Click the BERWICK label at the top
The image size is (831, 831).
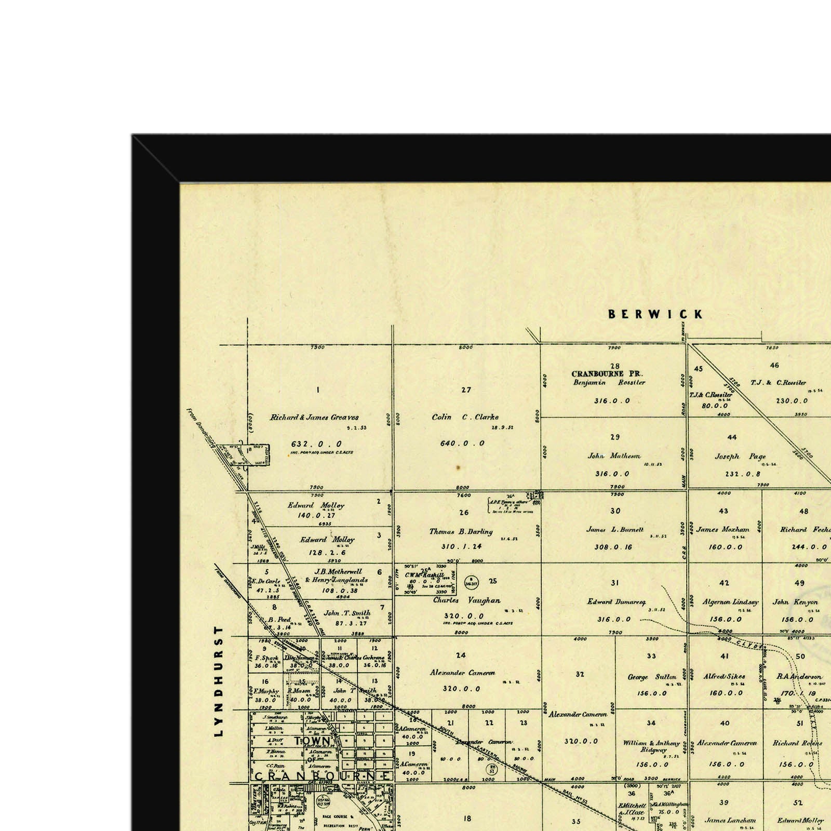[x=655, y=314]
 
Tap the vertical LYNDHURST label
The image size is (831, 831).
[x=219, y=681]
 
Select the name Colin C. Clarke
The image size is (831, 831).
[x=465, y=417]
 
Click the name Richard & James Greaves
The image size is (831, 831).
[x=314, y=417]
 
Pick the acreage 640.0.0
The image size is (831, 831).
[x=462, y=443]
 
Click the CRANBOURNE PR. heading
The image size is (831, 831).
[x=607, y=373]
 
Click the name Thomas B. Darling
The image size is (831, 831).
[x=461, y=531]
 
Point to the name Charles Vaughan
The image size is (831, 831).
[x=467, y=600]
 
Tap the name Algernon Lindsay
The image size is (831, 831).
[x=730, y=602]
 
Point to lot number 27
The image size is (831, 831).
[x=466, y=390]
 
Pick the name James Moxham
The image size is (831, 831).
[x=723, y=530]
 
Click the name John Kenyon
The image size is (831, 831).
[x=795, y=602]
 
